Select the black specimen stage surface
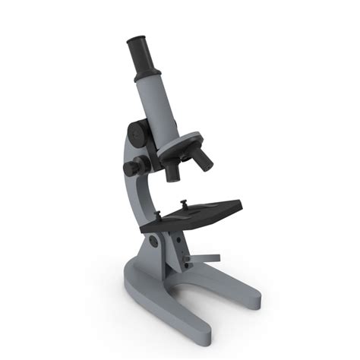pos(194,214)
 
